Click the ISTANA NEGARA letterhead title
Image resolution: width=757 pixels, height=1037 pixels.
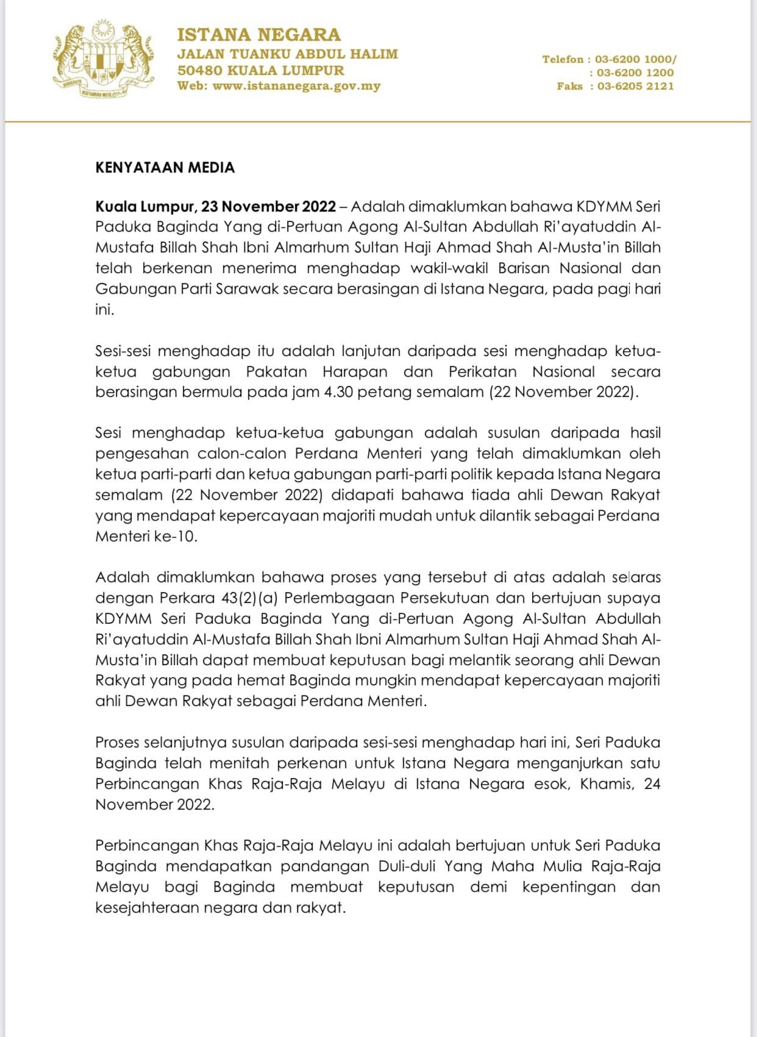pyautogui.click(x=259, y=34)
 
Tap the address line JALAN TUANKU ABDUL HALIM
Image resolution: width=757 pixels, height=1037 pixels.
pyautogui.click(x=287, y=54)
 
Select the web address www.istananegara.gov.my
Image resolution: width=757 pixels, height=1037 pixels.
pyautogui.click(x=297, y=86)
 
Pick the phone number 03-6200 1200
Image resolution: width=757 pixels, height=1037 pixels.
pyautogui.click(x=636, y=73)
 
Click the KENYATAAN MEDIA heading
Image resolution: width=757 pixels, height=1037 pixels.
pyautogui.click(x=165, y=168)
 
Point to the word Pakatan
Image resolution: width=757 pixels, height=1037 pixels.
pyautogui.click(x=277, y=371)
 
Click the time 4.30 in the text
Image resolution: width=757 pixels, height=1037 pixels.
pyautogui.click(x=338, y=391)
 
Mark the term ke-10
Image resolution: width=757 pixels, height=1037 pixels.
pyautogui.click(x=177, y=536)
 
